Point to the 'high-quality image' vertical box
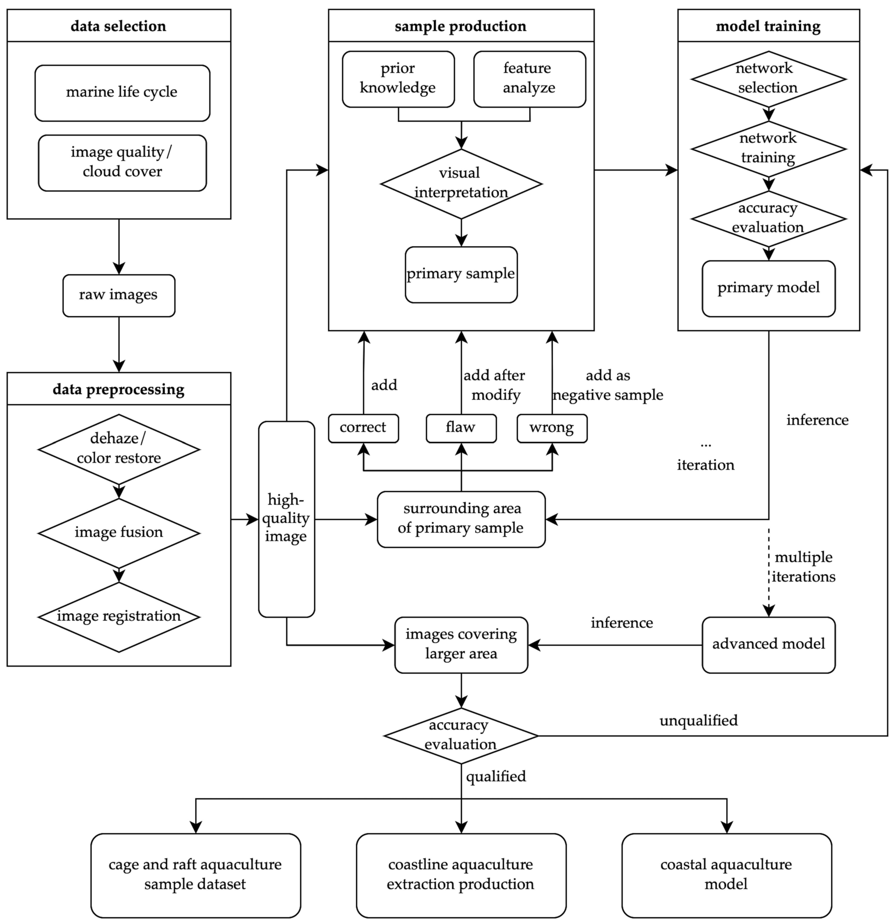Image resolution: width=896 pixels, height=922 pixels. coord(286,519)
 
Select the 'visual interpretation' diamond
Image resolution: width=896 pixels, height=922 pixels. coord(461,183)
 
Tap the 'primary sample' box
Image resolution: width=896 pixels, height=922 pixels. coord(461,274)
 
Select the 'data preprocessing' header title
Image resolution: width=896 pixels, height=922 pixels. coord(118,389)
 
